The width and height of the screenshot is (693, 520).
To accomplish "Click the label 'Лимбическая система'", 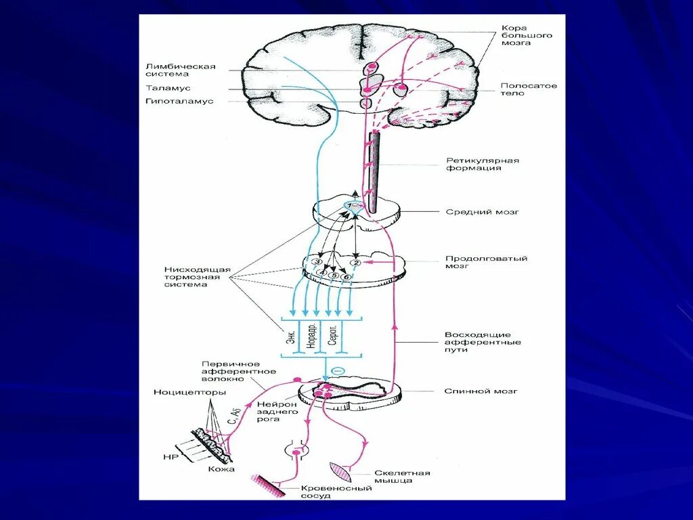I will point(180,70).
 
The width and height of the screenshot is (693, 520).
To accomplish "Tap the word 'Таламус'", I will point(168,88).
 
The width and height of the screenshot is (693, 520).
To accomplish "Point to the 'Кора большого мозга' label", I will point(524,35).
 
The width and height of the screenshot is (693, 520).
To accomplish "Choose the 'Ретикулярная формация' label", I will point(482,164).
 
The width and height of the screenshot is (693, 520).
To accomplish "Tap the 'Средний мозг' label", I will point(482,212).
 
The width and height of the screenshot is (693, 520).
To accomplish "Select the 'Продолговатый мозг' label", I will point(486,262).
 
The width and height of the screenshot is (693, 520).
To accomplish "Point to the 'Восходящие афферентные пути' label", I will point(483,343).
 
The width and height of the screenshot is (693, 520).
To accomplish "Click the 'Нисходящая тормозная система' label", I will point(197,277).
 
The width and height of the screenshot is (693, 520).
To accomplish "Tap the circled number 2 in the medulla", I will point(358,262).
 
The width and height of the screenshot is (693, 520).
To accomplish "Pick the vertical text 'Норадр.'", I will point(311,335).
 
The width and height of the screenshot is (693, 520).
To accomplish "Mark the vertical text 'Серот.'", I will point(332,335).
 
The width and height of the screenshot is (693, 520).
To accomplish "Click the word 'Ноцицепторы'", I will point(183,392).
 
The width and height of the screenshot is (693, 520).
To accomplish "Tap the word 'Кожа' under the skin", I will point(217,469).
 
